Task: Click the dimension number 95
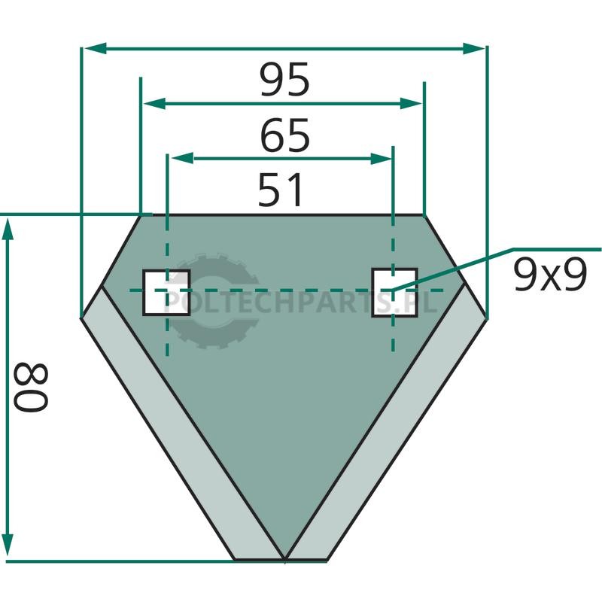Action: pyautogui.click(x=284, y=80)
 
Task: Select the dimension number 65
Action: pyautogui.click(x=284, y=135)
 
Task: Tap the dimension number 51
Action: pyautogui.click(x=280, y=190)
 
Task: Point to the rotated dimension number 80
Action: pyautogui.click(x=31, y=387)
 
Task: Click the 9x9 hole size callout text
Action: pyautogui.click(x=550, y=274)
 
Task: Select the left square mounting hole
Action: pyautogui.click(x=166, y=293)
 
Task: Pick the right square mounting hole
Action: pyautogui.click(x=394, y=293)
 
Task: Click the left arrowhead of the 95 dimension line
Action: pyautogui.click(x=95, y=48)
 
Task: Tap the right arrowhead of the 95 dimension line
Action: pyautogui.click(x=474, y=49)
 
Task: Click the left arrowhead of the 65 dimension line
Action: pyautogui.click(x=154, y=103)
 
